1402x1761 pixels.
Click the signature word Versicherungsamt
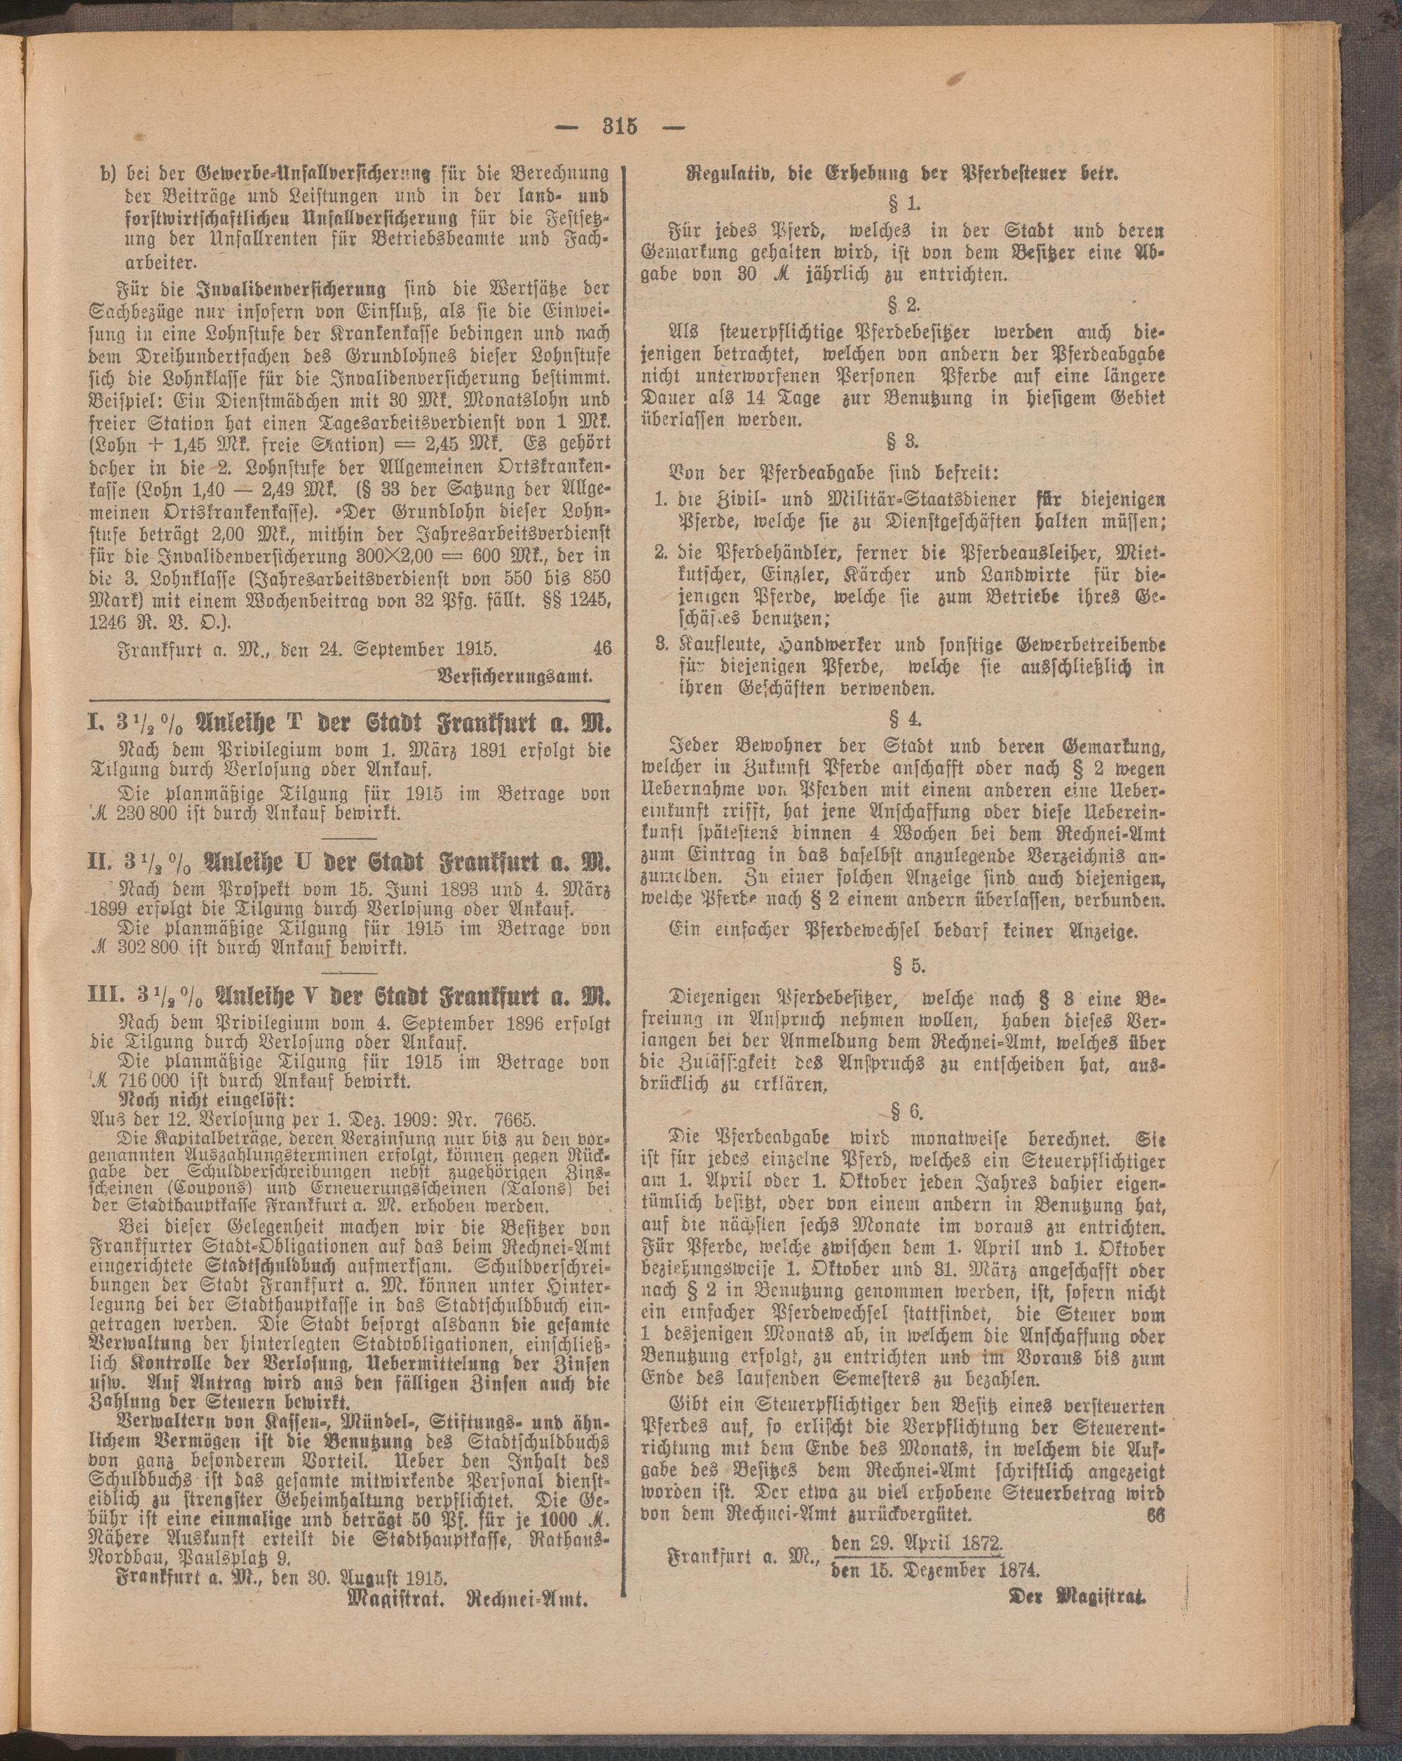pos(515,676)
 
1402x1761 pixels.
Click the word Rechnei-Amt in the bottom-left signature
pos(528,1619)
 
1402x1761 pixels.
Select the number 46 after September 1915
pos(602,650)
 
